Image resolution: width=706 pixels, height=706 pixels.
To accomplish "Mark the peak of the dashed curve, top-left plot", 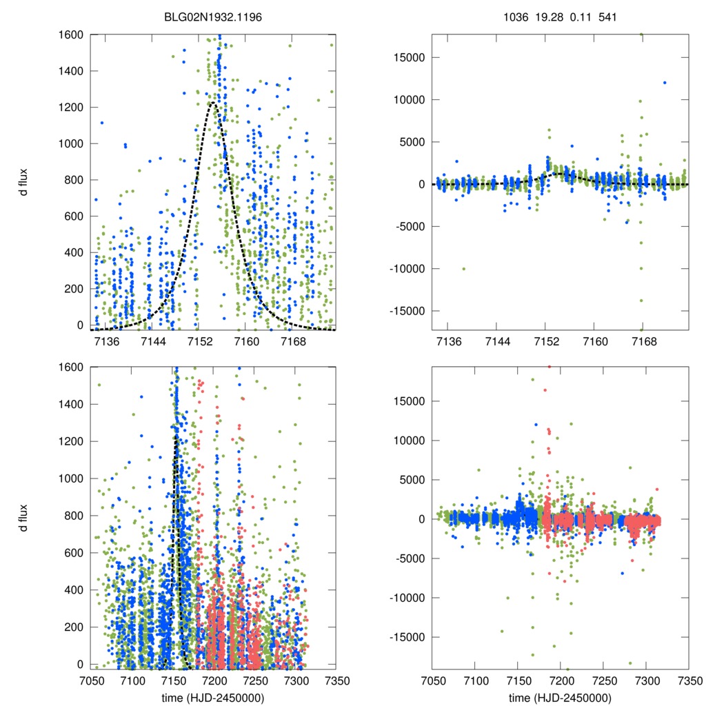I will (x=213, y=103).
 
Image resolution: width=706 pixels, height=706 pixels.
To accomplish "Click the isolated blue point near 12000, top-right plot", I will (x=665, y=83).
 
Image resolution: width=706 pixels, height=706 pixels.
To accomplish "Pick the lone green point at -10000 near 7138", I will (x=463, y=268).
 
